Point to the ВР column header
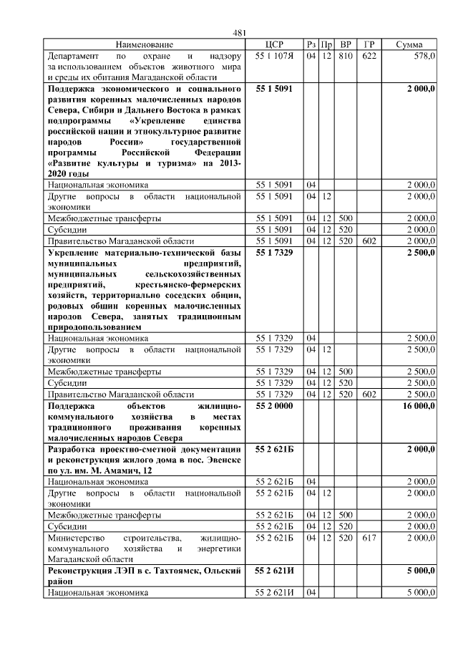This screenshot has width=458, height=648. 346,44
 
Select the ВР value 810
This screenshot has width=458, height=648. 346,55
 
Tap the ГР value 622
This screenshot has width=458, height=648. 369,55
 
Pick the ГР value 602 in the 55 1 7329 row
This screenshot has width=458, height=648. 369,395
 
